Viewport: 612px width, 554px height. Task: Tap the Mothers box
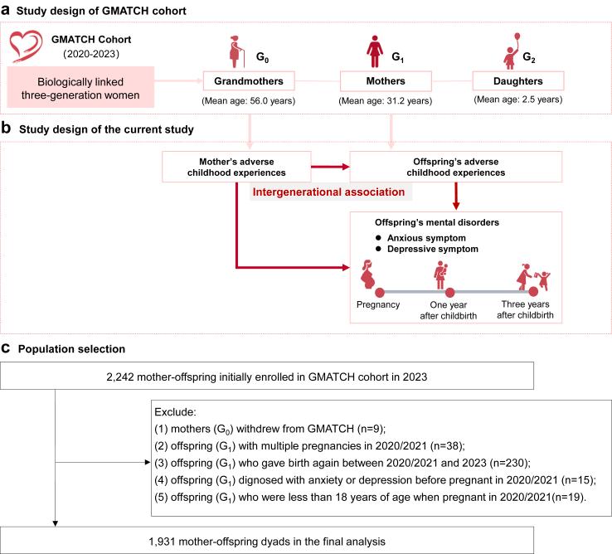[x=386, y=82]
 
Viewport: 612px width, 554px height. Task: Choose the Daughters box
[x=517, y=82]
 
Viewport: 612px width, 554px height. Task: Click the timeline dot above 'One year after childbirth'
[x=449, y=292]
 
